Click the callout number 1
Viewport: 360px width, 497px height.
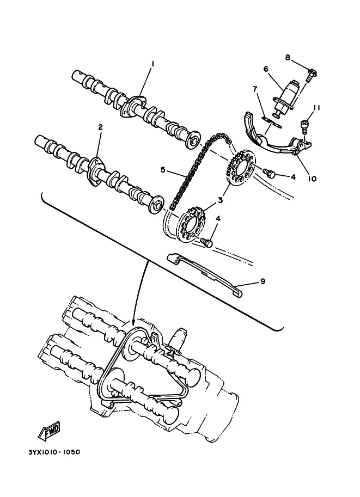tap(152, 64)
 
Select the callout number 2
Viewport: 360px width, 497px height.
tap(100, 127)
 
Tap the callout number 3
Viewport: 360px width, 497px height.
tap(220, 200)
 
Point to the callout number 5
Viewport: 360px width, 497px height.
tap(162, 170)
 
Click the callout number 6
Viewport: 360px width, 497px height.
tap(266, 69)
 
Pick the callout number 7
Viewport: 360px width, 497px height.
tap(254, 88)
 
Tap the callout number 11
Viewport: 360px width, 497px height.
tap(316, 108)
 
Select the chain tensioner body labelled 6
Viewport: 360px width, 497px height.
tap(286, 93)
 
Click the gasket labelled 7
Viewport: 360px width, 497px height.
tap(271, 120)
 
